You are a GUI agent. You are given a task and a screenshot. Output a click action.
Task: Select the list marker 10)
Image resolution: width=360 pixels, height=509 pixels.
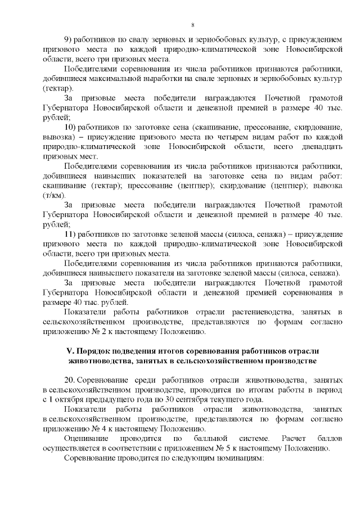70,128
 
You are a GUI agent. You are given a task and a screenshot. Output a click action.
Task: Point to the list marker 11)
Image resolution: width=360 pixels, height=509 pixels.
70,234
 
